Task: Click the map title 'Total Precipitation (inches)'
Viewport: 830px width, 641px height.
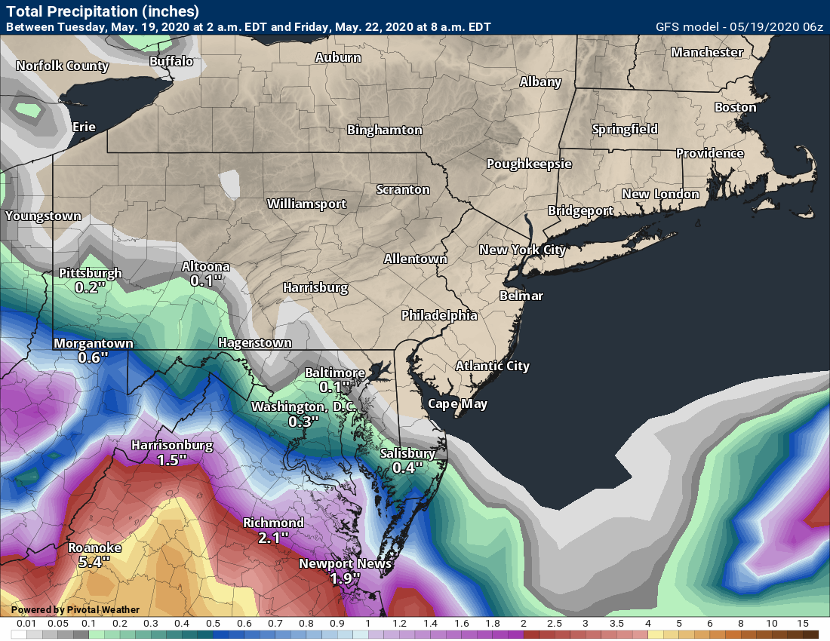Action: pos(103,11)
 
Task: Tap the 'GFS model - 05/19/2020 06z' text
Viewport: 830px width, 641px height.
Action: pos(740,27)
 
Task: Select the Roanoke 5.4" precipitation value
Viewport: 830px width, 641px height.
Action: pos(94,562)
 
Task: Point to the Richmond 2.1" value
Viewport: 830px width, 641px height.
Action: pos(273,537)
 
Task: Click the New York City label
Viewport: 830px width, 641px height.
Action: pos(522,250)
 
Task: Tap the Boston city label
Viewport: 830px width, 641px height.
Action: pos(735,108)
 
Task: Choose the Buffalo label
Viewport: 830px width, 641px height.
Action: pos(171,61)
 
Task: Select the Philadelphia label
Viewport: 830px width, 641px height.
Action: pos(439,315)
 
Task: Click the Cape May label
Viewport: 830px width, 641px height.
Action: pos(457,403)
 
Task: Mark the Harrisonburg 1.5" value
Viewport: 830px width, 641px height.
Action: pos(171,459)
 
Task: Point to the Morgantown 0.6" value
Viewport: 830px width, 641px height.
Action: pos(94,357)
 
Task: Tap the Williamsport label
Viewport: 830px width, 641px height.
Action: pos(306,204)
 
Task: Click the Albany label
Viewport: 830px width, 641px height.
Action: pos(540,82)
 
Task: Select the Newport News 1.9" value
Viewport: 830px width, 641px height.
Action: pos(346,578)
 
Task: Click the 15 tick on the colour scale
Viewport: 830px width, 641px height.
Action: pos(803,624)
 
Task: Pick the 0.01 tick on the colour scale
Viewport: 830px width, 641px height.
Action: pos(26,624)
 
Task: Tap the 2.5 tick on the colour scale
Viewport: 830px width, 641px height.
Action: pos(555,624)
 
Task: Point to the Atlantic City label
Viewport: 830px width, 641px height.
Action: pos(492,367)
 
